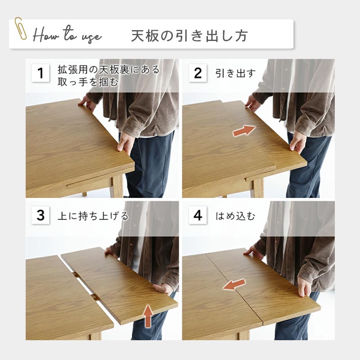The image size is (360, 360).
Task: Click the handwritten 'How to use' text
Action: [67, 35]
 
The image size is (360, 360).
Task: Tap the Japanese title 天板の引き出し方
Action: [189, 36]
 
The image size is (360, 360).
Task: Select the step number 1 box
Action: [40, 73]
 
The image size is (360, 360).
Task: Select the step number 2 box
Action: [198, 73]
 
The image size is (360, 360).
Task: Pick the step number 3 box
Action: [40, 215]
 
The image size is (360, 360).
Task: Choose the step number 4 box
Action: [198, 215]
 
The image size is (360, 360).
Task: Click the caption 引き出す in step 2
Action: [235, 73]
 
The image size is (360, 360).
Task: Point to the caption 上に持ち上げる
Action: [93, 216]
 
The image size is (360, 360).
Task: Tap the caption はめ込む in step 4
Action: [235, 216]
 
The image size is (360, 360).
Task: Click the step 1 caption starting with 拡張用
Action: [108, 76]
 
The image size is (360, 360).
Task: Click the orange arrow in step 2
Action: [244, 130]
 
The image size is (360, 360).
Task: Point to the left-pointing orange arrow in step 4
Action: [234, 284]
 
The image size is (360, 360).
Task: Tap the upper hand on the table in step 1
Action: [87, 103]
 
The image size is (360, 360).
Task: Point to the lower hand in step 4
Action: [305, 286]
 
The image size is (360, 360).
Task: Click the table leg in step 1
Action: [117, 185]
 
